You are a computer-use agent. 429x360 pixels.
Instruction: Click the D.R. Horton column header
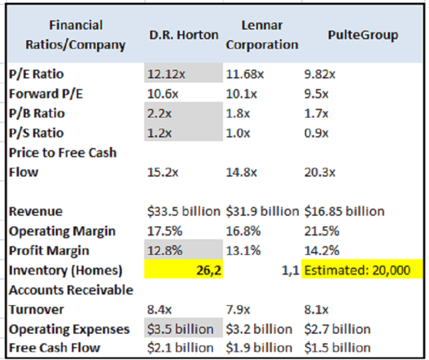[184, 35]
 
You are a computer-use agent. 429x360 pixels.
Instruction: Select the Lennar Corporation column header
[262, 35]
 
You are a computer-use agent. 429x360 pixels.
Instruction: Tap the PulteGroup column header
[363, 35]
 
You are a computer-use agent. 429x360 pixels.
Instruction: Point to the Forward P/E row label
[46, 93]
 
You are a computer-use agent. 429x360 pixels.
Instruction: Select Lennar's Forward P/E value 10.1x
[241, 93]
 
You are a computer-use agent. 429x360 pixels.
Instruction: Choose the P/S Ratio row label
[37, 133]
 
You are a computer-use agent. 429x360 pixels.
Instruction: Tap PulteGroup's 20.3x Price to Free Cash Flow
[320, 172]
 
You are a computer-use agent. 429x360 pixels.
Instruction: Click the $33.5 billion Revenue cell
[184, 211]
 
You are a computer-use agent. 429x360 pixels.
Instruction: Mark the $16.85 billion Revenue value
[344, 211]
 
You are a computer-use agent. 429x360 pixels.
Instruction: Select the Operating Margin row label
[62, 231]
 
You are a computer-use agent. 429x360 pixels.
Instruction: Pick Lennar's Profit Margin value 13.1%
[242, 250]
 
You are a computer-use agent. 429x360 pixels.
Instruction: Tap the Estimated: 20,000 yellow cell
[357, 271]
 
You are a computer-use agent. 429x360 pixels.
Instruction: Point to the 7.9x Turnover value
[239, 309]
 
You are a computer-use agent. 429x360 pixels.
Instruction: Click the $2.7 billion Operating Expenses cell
[337, 329]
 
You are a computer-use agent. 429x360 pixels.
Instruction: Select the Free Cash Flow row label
[55, 348]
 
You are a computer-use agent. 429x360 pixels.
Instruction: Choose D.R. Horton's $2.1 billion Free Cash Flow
[180, 348]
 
